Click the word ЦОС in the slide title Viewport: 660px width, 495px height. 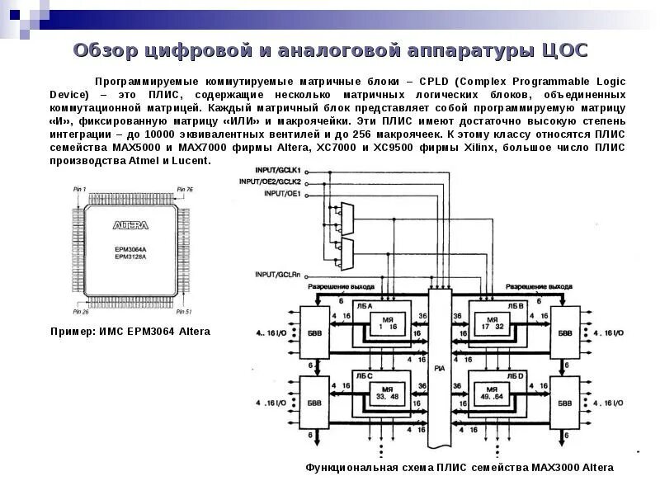click(x=563, y=51)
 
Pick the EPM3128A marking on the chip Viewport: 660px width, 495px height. click(x=130, y=257)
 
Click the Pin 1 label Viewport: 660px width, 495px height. click(x=79, y=190)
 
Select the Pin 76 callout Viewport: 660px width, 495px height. click(x=184, y=190)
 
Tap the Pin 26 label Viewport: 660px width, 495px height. click(x=81, y=312)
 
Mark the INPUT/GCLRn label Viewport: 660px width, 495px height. click(x=278, y=274)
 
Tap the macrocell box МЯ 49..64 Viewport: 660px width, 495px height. click(x=493, y=393)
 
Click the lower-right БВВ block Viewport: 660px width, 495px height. click(x=565, y=403)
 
